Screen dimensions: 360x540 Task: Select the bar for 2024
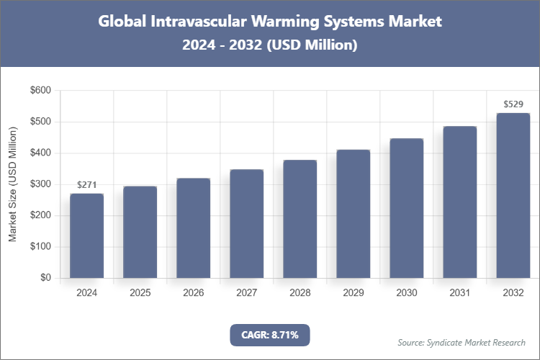pos(86,236)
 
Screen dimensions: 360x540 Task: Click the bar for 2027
pos(246,224)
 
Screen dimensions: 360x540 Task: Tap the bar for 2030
pos(406,208)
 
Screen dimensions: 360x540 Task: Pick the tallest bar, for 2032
pos(513,196)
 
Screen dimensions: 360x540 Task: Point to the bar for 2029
pos(353,214)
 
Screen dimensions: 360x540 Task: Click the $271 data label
pos(86,185)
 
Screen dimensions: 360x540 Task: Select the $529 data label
pos(513,104)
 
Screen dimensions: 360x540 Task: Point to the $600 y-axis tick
pos(40,91)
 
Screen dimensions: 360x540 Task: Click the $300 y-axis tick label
pos(40,184)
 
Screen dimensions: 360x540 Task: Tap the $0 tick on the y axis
pos(45,278)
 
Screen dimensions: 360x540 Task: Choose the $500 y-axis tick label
pos(40,122)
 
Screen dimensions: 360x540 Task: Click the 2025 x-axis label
pos(140,293)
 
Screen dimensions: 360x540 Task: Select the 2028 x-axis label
pos(300,293)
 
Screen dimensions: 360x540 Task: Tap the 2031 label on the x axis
pos(459,293)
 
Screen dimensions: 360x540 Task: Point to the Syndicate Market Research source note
pos(461,342)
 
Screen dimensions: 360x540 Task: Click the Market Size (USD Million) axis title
pos(13,184)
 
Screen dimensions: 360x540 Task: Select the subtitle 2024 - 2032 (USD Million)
pos(269,45)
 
